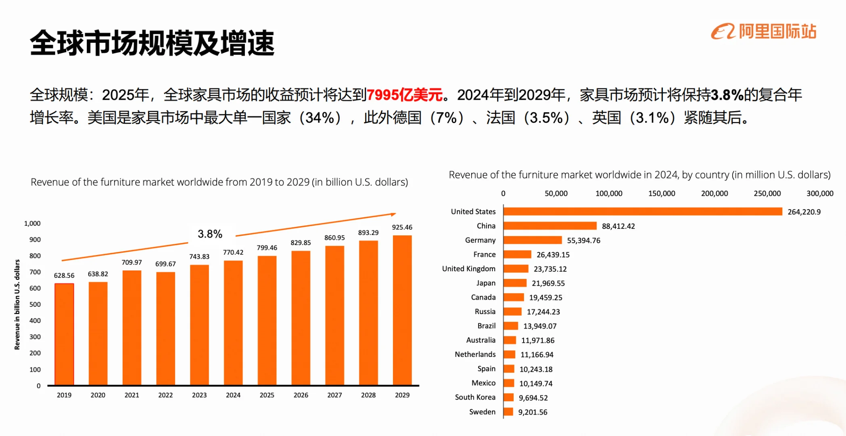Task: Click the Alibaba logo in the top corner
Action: [763, 31]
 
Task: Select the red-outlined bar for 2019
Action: [64, 334]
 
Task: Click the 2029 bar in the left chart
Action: [402, 310]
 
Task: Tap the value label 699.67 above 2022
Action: [165, 264]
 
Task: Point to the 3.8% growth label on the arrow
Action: [210, 234]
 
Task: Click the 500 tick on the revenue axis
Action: [35, 304]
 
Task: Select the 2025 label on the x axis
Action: [267, 395]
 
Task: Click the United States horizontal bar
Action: [642, 212]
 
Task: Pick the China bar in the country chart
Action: [550, 226]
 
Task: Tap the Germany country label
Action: [480, 240]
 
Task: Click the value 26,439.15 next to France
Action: [553, 255]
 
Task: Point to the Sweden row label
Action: [482, 412]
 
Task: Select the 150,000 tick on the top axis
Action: [662, 193]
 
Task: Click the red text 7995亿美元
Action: [405, 95]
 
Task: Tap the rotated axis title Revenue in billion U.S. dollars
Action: [17, 304]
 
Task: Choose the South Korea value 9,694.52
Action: [533, 398]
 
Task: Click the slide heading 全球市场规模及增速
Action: [152, 43]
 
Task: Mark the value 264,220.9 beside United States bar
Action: [804, 212]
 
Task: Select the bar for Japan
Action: [515, 283]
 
